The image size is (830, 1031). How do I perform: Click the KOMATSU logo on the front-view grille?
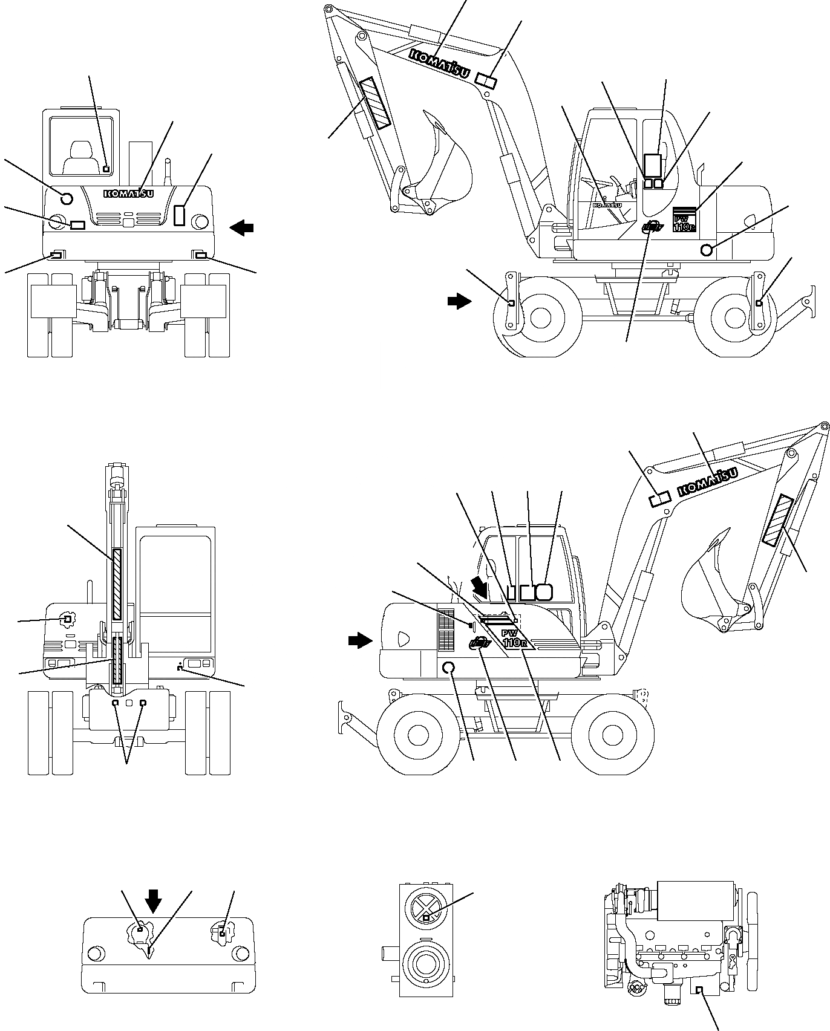click(129, 194)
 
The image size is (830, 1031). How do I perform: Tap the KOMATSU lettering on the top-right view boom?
click(440, 63)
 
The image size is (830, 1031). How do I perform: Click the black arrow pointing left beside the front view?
click(242, 228)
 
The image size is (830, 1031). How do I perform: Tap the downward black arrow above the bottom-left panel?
click(154, 900)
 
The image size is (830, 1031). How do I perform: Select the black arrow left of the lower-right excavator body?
click(361, 640)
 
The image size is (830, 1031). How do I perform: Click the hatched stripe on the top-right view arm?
click(375, 103)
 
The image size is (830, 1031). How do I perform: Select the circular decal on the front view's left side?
click(67, 198)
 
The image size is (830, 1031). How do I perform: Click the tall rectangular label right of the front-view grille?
click(180, 215)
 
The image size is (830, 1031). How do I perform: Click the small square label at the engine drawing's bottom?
click(699, 989)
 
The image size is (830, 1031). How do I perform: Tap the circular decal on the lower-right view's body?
click(449, 668)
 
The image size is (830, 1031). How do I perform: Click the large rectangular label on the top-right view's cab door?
click(652, 164)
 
